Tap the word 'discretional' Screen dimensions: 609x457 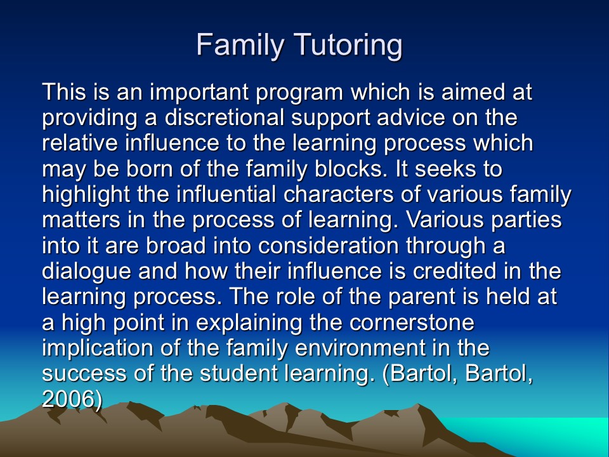pos(225,117)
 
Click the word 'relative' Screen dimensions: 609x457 pos(80,143)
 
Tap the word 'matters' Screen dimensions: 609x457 pos(81,220)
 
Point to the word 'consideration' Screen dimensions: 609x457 pos(328,246)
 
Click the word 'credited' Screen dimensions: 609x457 pos(454,271)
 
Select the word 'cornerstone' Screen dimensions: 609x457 pos(412,322)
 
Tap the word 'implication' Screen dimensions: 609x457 pos(98,349)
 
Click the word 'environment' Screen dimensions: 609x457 pos(360,348)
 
